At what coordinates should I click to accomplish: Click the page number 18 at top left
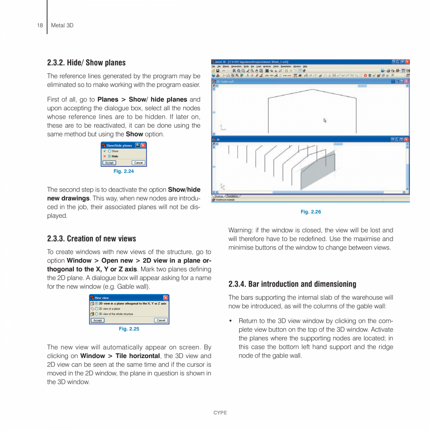coord(40,25)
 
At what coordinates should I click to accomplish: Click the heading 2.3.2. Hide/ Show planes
coord(86,63)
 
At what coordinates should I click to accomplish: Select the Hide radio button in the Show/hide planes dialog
coord(109,156)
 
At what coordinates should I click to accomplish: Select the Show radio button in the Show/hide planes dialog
coord(109,151)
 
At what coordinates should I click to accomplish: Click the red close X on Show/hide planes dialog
coord(143,145)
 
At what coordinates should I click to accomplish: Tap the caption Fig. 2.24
coord(124,172)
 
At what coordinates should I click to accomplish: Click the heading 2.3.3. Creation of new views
coord(92,239)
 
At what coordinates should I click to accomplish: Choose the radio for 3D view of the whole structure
coord(96,314)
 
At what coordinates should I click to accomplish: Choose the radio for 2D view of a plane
coord(96,309)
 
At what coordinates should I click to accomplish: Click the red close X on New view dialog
coord(165,298)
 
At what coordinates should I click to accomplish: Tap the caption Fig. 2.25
coord(129,329)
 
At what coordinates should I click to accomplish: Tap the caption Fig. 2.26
coord(311,212)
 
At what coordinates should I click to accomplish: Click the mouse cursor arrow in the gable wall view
coord(325,120)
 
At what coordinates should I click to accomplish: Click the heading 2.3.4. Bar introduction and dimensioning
coord(292,284)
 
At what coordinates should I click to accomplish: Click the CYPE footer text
coord(220,413)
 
